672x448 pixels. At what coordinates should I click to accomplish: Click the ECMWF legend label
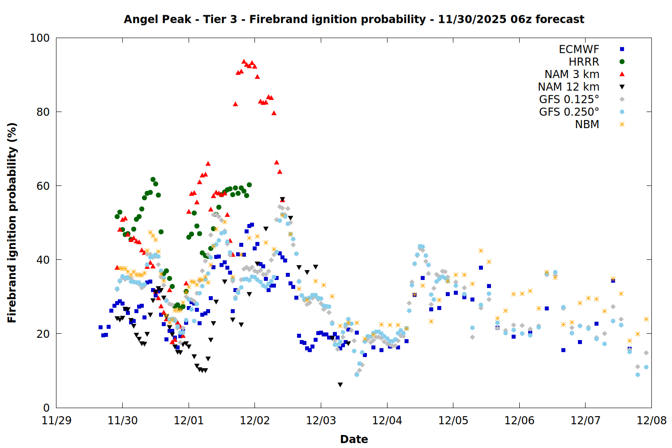pos(579,49)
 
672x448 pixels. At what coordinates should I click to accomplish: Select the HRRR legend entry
pos(584,62)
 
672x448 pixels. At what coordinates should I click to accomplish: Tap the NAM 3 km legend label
pos(572,74)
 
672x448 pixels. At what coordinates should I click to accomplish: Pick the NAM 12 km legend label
pos(569,87)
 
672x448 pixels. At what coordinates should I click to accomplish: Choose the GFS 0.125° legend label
pos(569,99)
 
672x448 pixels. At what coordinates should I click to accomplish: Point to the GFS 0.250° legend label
pos(569,112)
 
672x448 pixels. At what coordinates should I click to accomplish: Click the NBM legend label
pos(587,125)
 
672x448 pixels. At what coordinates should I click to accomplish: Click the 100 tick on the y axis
pos(39,38)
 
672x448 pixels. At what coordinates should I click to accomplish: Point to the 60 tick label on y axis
pos(43,186)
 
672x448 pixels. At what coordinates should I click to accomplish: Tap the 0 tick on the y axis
pos(46,408)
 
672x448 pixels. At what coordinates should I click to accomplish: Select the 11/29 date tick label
pos(56,421)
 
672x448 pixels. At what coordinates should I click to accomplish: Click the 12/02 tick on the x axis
pos(254,421)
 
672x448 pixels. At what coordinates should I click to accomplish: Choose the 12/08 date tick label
pos(651,421)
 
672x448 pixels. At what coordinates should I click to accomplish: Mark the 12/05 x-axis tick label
pos(453,421)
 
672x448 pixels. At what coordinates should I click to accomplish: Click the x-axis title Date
pos(354,439)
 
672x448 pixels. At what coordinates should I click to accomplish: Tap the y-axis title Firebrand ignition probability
pos(12,223)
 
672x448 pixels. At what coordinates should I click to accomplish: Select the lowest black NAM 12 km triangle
pos(340,385)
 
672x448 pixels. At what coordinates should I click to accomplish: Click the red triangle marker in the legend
pos(622,74)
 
